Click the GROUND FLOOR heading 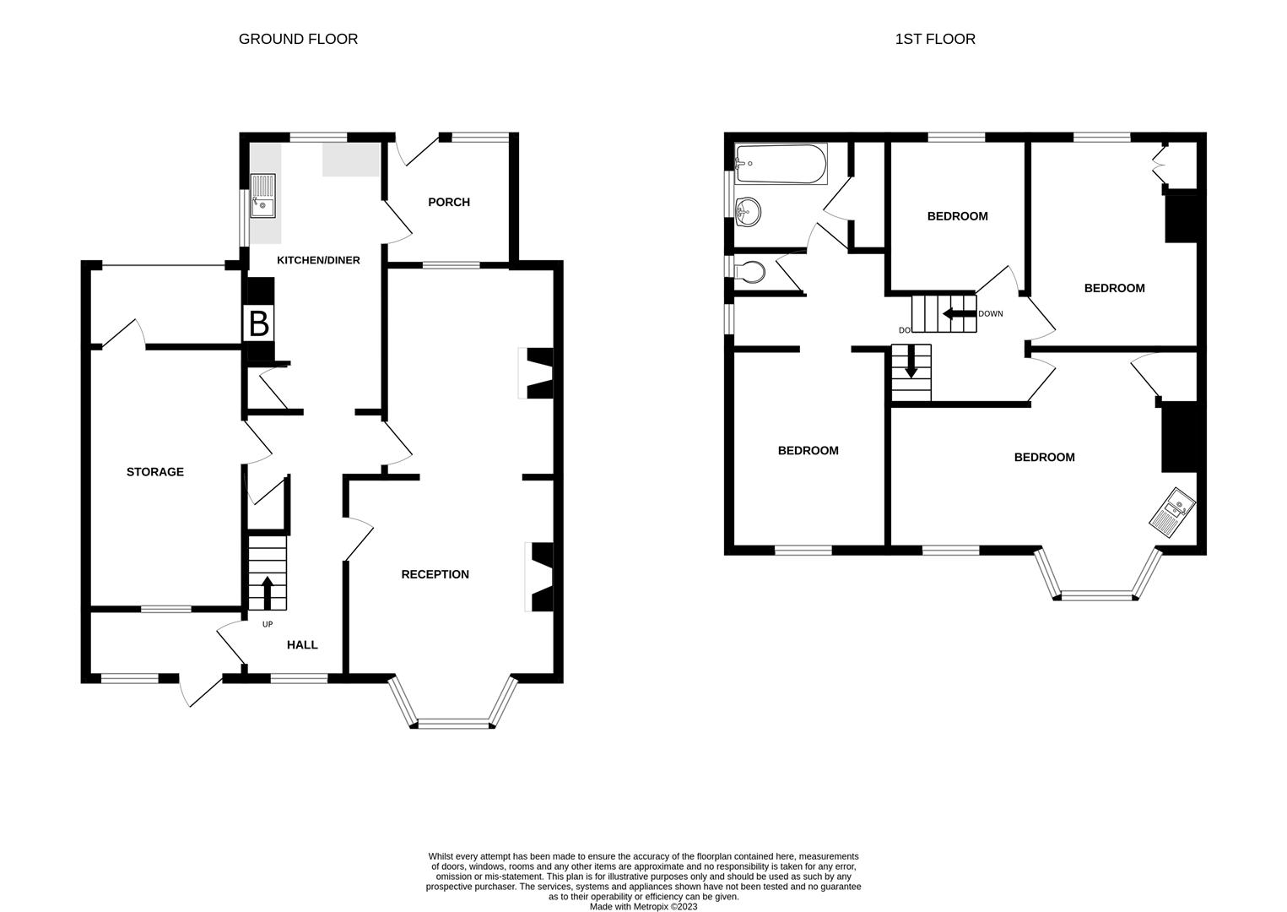(298, 39)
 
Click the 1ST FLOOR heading (934, 39)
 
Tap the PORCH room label (448, 202)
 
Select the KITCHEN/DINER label (318, 260)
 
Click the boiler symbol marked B (259, 324)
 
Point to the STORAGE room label (154, 472)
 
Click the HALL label (302, 645)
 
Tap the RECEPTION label (435, 574)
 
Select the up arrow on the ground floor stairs (268, 591)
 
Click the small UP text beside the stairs (268, 625)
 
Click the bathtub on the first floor (781, 164)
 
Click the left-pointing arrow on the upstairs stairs (958, 314)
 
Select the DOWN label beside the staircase (991, 314)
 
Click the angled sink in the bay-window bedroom (1172, 512)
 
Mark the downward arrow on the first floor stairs (911, 366)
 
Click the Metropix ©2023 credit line (643, 907)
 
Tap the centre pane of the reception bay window (453, 723)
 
